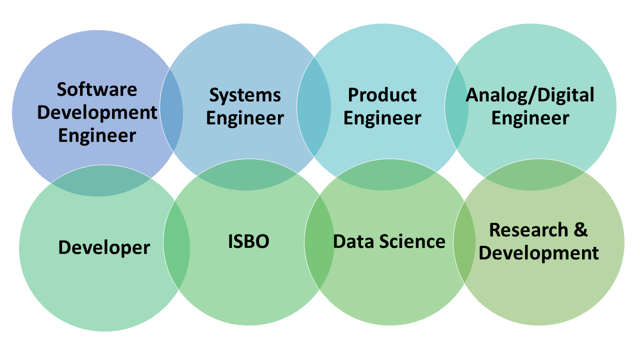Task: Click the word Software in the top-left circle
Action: click(96, 89)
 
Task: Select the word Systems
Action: click(245, 94)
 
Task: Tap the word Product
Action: click(382, 94)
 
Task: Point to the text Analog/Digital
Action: click(530, 94)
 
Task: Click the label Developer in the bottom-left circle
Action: click(104, 247)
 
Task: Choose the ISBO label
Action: click(248, 241)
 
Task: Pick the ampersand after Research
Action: click(580, 230)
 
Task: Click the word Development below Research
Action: click(538, 253)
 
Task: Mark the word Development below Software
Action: click(97, 112)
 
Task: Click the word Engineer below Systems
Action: click(245, 118)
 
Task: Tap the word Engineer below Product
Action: click(382, 118)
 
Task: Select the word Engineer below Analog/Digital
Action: click(530, 118)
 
